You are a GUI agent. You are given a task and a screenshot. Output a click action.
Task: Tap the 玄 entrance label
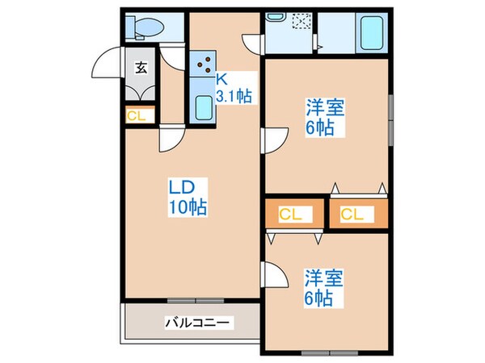click(x=141, y=68)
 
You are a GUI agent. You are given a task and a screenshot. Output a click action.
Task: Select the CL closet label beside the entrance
click(x=137, y=115)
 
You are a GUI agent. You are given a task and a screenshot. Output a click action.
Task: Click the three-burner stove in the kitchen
click(x=203, y=61)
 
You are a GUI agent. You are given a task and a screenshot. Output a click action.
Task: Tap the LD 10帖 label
click(x=187, y=197)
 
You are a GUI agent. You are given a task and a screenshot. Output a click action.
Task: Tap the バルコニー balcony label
click(x=199, y=323)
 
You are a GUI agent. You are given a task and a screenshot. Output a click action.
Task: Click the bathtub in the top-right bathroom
click(x=372, y=32)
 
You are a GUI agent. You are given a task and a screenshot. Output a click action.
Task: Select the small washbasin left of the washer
click(x=276, y=17)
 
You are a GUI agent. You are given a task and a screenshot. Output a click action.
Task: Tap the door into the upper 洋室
click(x=275, y=139)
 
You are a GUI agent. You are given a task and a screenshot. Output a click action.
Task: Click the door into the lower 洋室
click(x=275, y=278)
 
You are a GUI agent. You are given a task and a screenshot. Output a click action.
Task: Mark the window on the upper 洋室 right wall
click(x=390, y=118)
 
